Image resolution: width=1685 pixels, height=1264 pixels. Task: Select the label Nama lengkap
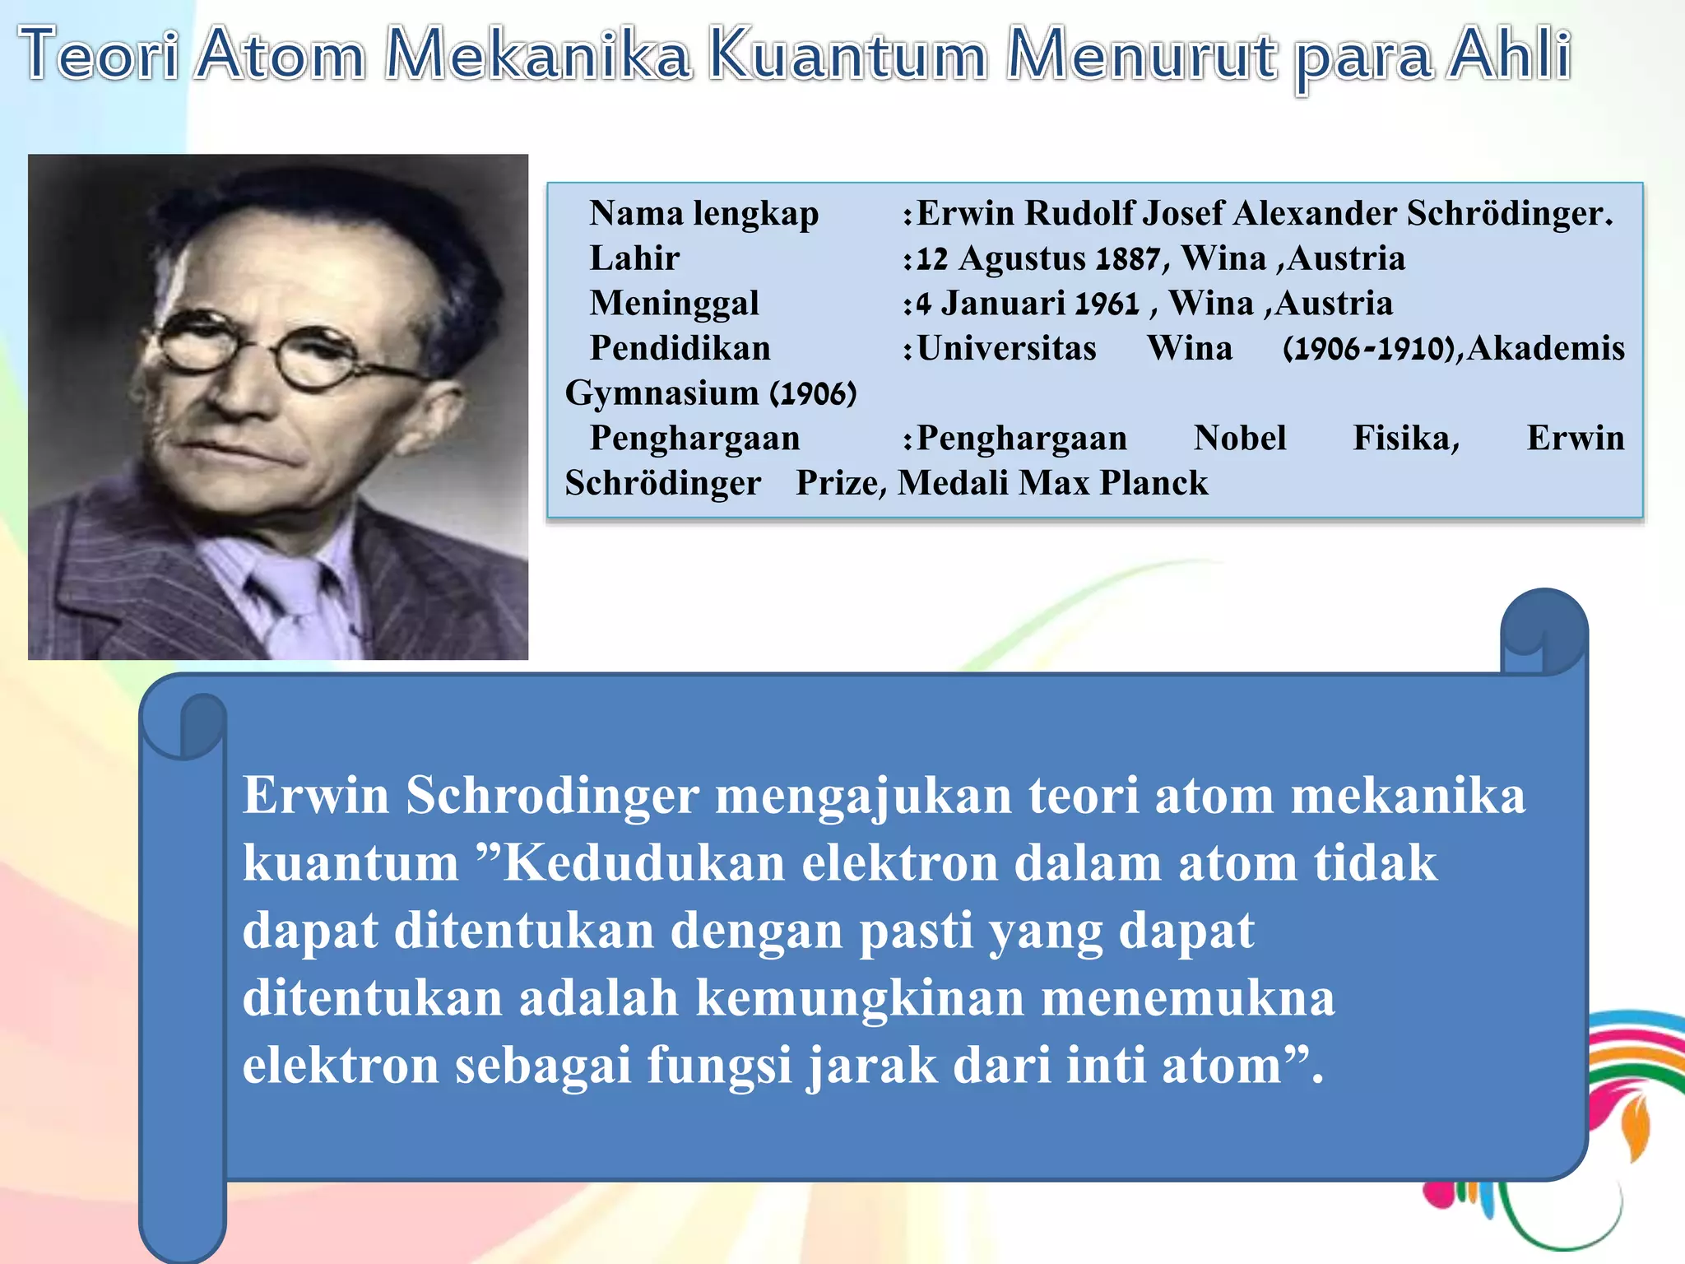[x=703, y=214]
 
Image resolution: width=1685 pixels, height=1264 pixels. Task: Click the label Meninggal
[x=674, y=304]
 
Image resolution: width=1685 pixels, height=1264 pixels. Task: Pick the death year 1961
[x=1107, y=304]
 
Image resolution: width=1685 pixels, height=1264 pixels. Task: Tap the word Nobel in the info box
[x=1239, y=439]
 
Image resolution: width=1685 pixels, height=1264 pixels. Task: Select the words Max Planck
[x=1113, y=483]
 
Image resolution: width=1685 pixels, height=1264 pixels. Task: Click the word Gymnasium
[x=661, y=393]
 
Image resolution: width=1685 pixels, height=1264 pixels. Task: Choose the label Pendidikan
[x=680, y=349]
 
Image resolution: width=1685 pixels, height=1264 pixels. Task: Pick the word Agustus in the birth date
[x=1022, y=259]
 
